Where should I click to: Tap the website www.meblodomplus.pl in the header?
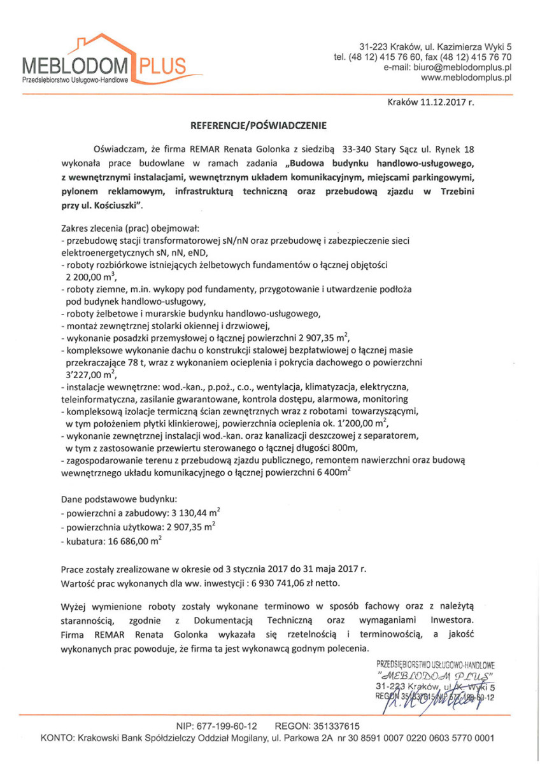pyautogui.click(x=467, y=78)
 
